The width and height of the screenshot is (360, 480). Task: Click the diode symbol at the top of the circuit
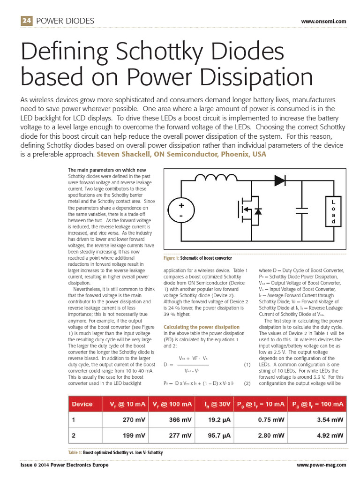[280, 179]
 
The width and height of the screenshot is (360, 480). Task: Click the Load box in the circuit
[333, 211]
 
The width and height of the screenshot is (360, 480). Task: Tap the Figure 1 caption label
[171, 258]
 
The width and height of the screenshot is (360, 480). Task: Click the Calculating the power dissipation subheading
[195, 327]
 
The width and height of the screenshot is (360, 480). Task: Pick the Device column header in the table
[82, 404]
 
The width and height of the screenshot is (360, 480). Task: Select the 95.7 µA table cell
[219, 435]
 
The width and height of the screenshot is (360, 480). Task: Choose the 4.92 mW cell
[330, 435]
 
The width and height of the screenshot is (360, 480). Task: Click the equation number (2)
[247, 383]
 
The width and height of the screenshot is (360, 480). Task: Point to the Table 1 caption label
[75, 452]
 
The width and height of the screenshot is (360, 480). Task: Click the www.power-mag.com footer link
[322, 465]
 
